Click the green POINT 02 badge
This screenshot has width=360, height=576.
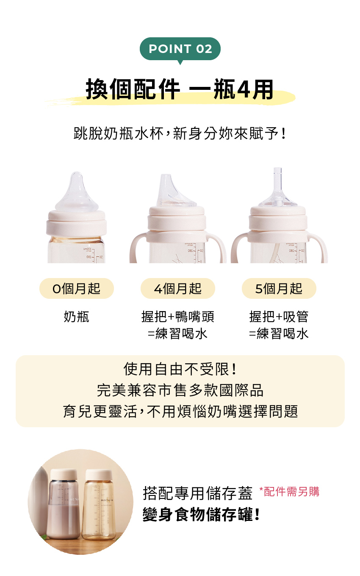click(x=180, y=49)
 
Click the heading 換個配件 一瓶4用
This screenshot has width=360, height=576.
click(x=179, y=89)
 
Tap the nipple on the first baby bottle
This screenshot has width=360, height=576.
click(x=77, y=192)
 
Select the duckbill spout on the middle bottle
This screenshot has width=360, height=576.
click(x=175, y=191)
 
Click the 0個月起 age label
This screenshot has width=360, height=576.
click(x=77, y=288)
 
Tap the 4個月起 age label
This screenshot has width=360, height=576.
click(x=177, y=288)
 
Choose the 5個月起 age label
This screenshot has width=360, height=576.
click(x=279, y=288)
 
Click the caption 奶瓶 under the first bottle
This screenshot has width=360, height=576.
click(x=77, y=317)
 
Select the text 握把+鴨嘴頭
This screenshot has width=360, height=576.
click(x=177, y=317)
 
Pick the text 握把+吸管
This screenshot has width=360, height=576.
click(x=279, y=317)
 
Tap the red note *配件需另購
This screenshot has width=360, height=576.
click(x=289, y=491)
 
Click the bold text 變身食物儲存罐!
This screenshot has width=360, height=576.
click(x=201, y=514)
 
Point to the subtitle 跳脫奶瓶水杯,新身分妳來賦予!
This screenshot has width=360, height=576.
click(x=180, y=134)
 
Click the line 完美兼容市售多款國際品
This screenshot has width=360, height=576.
click(x=180, y=390)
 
